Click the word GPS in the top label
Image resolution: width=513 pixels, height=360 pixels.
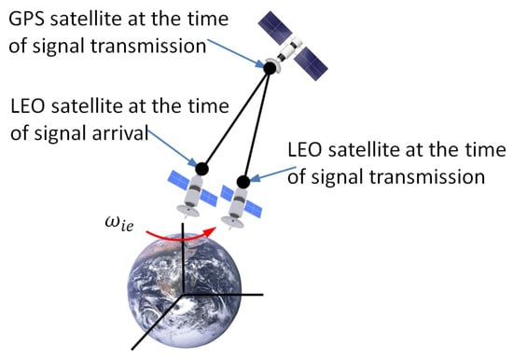tap(27, 19)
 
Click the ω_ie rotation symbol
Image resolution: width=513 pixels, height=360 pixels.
tap(119, 224)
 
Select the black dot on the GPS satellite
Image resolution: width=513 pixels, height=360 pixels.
tap(270, 68)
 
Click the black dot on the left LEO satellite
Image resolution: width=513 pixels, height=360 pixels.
tap(201, 169)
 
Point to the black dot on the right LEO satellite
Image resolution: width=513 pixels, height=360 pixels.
tap(243, 182)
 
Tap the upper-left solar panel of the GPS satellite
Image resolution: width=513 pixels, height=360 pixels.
tap(275, 28)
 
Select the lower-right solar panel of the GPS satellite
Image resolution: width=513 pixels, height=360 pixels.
tap(311, 63)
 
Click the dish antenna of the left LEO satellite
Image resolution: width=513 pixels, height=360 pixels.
tap(187, 211)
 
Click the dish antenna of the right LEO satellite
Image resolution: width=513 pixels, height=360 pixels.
tap(231, 222)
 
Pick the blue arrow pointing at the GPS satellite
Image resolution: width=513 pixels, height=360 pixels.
tap(235, 53)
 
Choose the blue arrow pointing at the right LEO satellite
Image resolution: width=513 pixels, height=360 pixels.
tap(273, 174)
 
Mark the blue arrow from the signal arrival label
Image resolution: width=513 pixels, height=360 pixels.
tap(173, 148)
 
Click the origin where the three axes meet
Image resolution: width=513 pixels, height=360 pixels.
tap(183, 294)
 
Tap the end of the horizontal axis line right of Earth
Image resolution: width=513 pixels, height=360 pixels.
tap(263, 295)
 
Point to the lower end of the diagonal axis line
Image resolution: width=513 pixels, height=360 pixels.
tap(132, 349)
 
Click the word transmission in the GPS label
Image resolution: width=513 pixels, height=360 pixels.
tap(148, 46)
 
